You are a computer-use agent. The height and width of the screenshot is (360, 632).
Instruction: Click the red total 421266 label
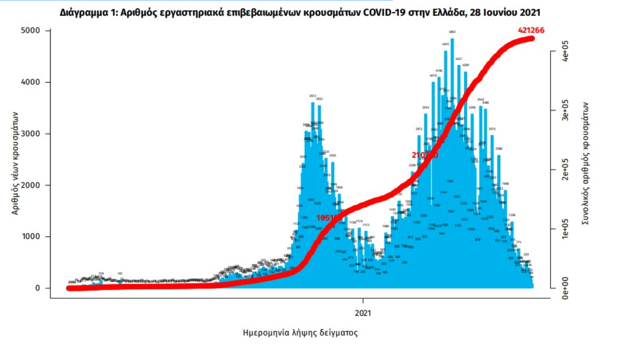click(531, 30)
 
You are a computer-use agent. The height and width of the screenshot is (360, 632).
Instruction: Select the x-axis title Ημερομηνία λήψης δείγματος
click(300, 333)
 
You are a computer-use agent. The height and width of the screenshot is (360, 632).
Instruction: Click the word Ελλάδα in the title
click(446, 12)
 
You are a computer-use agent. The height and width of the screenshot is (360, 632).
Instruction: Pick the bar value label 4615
click(445, 44)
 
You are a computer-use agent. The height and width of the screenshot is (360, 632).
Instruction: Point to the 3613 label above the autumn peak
click(313, 96)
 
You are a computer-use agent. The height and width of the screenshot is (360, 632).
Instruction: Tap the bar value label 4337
click(458, 59)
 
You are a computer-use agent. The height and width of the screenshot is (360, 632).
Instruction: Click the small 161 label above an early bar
click(120, 273)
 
